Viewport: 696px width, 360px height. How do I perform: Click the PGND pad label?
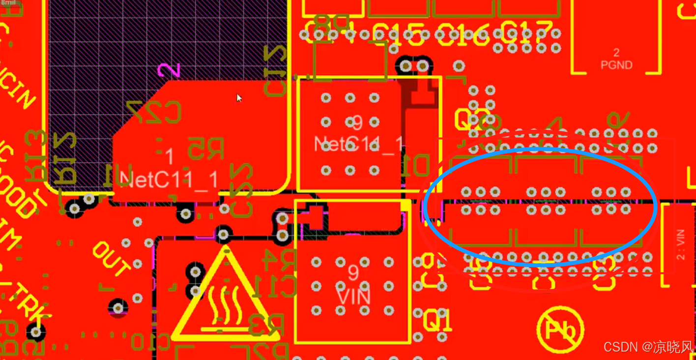(616, 65)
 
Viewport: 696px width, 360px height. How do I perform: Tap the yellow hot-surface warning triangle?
(225, 300)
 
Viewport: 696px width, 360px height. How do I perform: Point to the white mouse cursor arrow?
(239, 98)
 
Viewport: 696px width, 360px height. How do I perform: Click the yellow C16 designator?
(463, 34)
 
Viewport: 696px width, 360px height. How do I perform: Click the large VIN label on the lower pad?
(353, 297)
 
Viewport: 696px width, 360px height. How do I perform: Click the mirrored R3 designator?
(266, 324)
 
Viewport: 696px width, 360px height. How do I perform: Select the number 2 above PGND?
(616, 53)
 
